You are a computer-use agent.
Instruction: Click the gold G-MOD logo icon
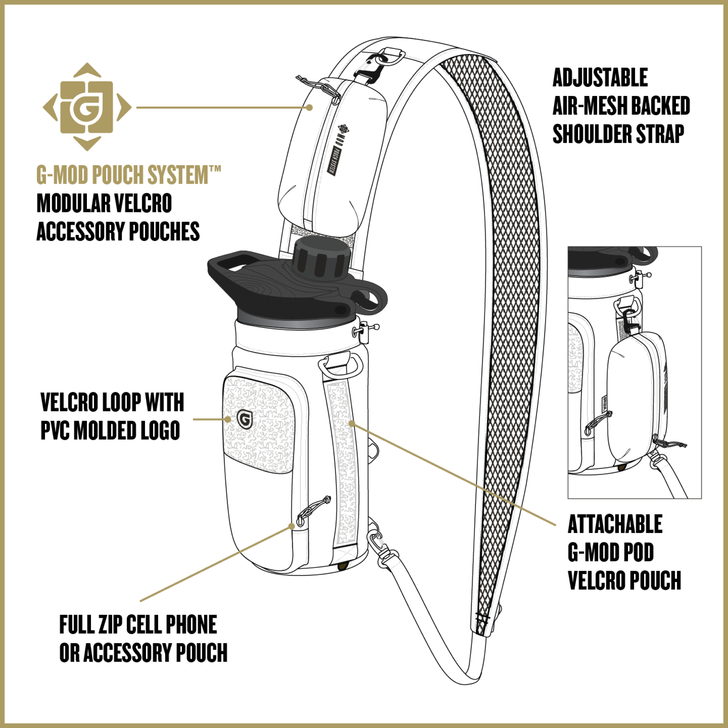(x=87, y=107)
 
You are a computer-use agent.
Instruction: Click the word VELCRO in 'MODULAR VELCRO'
(x=143, y=203)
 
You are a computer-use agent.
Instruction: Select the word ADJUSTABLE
(x=600, y=77)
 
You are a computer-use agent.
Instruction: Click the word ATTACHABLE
(x=615, y=524)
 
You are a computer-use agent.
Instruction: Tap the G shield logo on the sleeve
(x=245, y=419)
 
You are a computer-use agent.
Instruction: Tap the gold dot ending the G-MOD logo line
(x=310, y=107)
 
